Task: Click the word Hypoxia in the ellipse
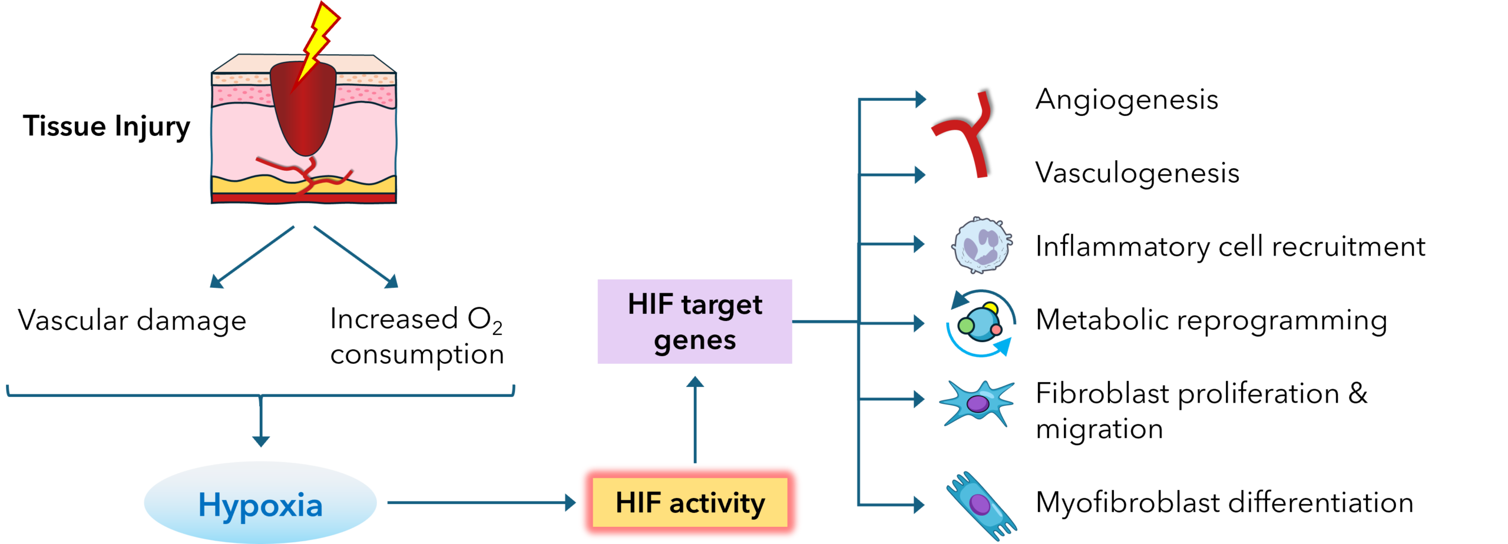tap(260, 505)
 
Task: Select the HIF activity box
tap(690, 503)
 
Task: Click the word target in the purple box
tap(722, 305)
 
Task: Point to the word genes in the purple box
tap(695, 340)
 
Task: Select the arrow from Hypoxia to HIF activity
tap(480, 503)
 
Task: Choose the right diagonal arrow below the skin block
tap(356, 257)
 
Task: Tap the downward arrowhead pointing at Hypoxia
tap(260, 441)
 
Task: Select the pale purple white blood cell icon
tap(981, 244)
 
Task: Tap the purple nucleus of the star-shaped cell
tap(978, 404)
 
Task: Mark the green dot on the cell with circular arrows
tap(966, 326)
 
